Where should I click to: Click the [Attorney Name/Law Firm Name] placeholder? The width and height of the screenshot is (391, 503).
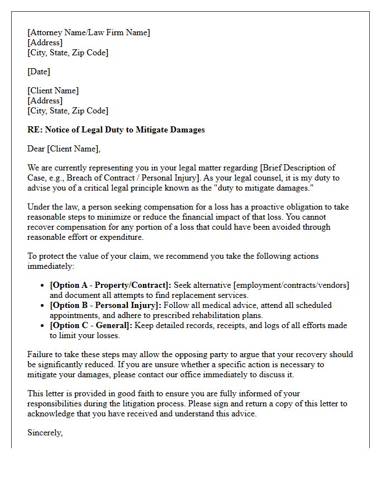(x=89, y=32)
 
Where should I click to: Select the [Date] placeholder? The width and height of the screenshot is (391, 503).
(x=39, y=72)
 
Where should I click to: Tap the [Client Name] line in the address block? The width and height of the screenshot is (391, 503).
(x=53, y=91)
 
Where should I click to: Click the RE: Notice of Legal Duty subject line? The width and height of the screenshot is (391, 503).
(x=116, y=130)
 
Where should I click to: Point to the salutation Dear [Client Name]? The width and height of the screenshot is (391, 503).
(x=64, y=149)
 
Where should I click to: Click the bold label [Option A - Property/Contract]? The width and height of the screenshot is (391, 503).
(x=111, y=285)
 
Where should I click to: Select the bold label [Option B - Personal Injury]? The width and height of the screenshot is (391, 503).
(x=106, y=305)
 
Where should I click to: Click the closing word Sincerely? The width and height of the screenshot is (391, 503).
(x=45, y=433)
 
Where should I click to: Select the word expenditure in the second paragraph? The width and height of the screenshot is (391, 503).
(x=121, y=237)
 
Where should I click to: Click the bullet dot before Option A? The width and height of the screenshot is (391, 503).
(x=43, y=285)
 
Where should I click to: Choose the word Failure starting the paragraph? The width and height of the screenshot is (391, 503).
(x=40, y=354)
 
